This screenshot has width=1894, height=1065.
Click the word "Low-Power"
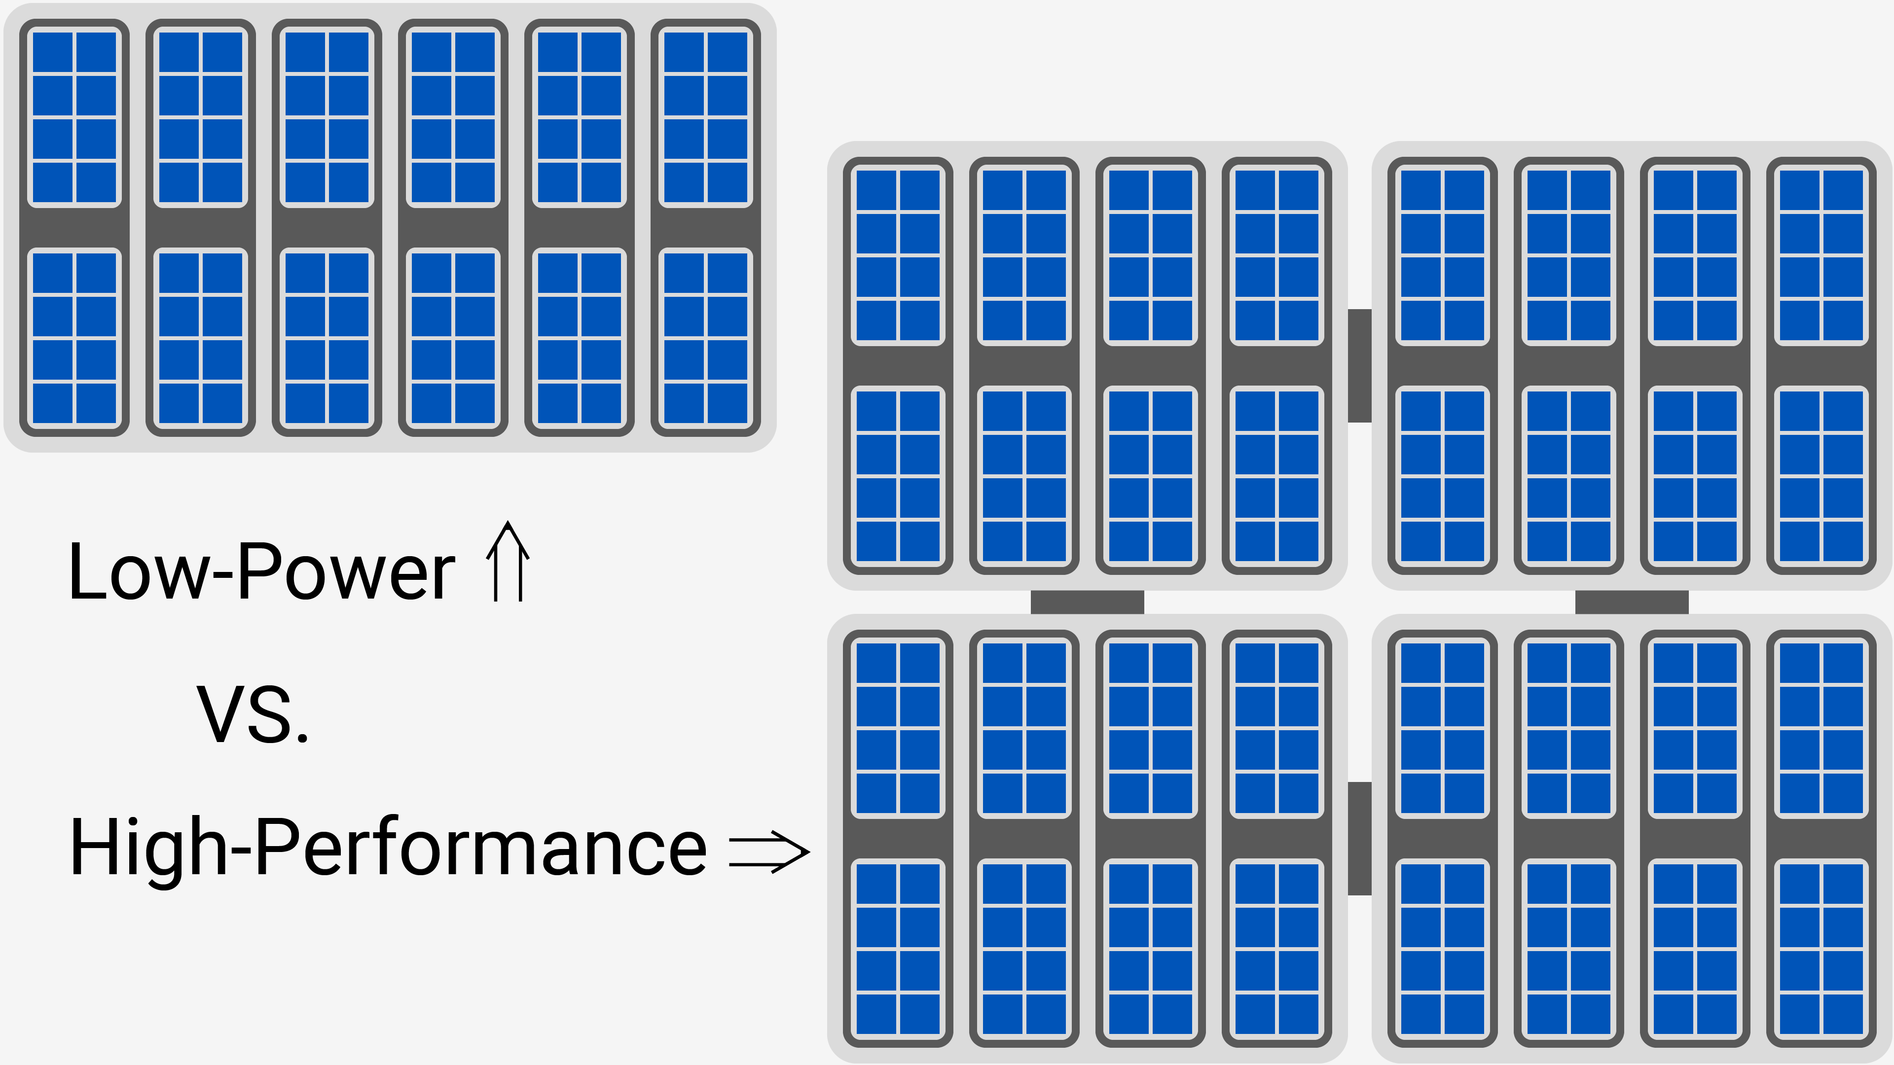click(x=261, y=572)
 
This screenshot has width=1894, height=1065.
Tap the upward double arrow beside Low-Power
click(x=508, y=562)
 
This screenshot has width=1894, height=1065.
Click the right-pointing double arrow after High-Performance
click(x=768, y=852)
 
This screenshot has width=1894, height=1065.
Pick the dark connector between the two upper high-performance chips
click(x=1359, y=365)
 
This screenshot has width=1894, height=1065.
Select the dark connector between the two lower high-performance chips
click(x=1359, y=839)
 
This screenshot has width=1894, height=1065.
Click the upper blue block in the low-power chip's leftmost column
click(x=74, y=117)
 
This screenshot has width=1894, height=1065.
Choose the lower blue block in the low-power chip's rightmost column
click(x=706, y=338)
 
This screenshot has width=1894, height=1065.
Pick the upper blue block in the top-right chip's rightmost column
click(x=1821, y=255)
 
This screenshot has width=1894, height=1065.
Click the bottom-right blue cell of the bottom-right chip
click(x=1843, y=1013)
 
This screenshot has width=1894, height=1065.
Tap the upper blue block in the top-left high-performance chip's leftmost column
click(x=898, y=255)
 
